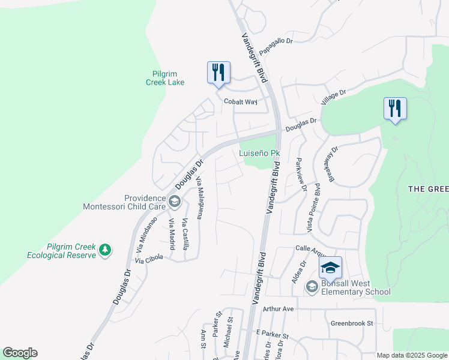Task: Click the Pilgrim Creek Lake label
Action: [x=165, y=78]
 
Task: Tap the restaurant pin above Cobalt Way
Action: [x=218, y=73]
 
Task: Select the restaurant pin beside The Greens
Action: [x=395, y=109]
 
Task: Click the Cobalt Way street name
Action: [x=240, y=102]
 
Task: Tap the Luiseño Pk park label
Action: [x=260, y=153]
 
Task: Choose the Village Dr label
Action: [x=334, y=97]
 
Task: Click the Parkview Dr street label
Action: [x=300, y=175]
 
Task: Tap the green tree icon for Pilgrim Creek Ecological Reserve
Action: [x=105, y=249]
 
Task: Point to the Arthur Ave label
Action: [x=277, y=309]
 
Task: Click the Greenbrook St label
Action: [x=352, y=323]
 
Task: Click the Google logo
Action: [x=20, y=353]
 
